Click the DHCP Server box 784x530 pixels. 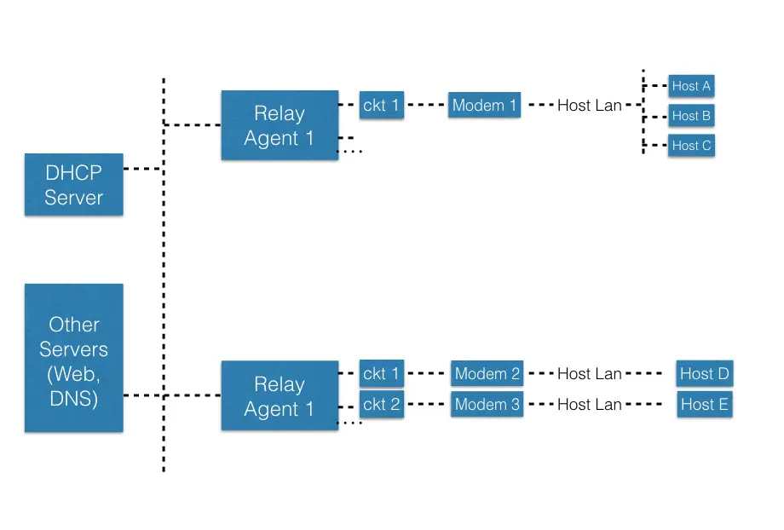coord(73,185)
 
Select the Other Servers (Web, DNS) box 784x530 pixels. coord(73,359)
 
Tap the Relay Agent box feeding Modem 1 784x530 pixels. coord(280,126)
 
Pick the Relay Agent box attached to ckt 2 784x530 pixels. coord(280,396)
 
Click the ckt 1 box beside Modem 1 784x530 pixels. coord(381,106)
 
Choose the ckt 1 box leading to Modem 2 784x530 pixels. coord(381,374)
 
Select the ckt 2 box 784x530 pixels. coord(381,404)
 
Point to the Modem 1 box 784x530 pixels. coord(484,106)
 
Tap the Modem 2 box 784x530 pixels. coord(487,374)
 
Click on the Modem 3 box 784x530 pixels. coord(487,404)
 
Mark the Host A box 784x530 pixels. coord(690,86)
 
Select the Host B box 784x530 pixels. coord(690,116)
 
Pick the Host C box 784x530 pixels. coord(690,146)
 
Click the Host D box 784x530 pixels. coord(704,374)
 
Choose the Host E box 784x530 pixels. coord(704,404)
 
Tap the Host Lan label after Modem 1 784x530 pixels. coord(589,107)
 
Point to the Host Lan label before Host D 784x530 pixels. coord(589,374)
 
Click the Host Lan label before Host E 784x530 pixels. coord(589,405)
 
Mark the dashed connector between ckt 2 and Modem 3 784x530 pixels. coord(427,404)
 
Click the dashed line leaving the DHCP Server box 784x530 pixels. coord(142,170)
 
